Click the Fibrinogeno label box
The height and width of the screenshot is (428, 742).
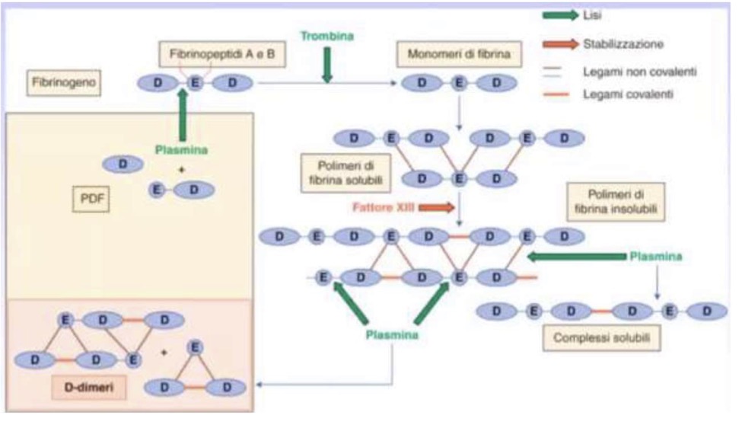(x=63, y=82)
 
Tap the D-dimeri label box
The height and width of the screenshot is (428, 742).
(x=88, y=388)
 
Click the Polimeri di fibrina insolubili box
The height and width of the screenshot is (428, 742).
(x=615, y=200)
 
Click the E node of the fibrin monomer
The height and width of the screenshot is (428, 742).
(x=458, y=82)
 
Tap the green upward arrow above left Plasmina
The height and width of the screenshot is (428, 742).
(x=182, y=114)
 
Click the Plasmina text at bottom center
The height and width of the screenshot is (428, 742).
(x=391, y=334)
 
